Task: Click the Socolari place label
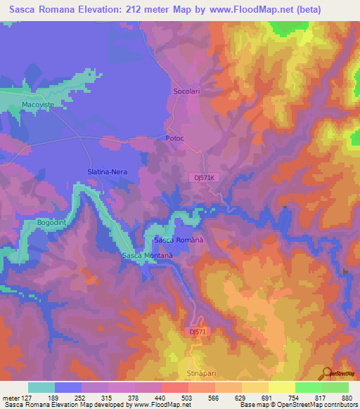(x=186, y=91)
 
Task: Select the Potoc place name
(x=174, y=138)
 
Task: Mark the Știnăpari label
(x=202, y=365)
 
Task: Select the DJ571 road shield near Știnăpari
(x=199, y=331)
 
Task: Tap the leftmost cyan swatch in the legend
(x=41, y=387)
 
